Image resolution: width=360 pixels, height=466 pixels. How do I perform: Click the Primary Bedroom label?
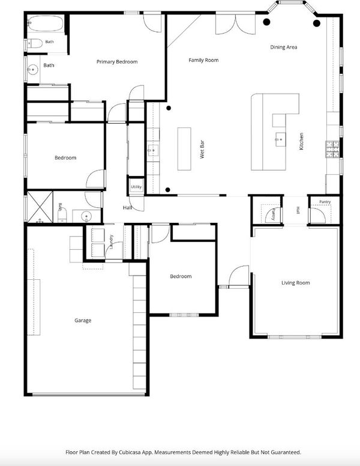[x=117, y=62]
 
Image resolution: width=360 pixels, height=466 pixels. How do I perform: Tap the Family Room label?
[x=203, y=60]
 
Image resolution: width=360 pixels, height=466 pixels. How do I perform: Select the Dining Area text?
[x=284, y=47]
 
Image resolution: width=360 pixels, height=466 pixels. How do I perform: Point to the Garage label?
[x=83, y=321]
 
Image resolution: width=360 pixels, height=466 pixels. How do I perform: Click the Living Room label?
[x=296, y=283]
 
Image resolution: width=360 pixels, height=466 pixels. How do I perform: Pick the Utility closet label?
[x=136, y=187]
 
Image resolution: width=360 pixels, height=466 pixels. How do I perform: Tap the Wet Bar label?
[x=202, y=149]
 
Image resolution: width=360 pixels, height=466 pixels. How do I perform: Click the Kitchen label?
[x=301, y=141]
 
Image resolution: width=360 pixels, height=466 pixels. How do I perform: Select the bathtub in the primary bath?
[x=46, y=23]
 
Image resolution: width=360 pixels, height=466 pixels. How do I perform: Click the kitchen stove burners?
[x=332, y=149]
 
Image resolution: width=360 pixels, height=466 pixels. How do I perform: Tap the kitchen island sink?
[x=280, y=139]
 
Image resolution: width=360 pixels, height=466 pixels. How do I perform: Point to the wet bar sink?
[x=153, y=150]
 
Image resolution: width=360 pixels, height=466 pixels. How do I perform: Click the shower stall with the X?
[x=40, y=207]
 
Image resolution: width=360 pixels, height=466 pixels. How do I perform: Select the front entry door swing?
[x=239, y=276]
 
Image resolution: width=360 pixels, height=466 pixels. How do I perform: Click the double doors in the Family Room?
[x=235, y=24]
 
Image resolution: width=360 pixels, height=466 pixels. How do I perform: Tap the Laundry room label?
[x=112, y=241]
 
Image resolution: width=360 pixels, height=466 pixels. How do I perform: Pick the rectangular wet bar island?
[x=184, y=149]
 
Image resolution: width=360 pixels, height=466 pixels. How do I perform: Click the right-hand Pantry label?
[x=325, y=202]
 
